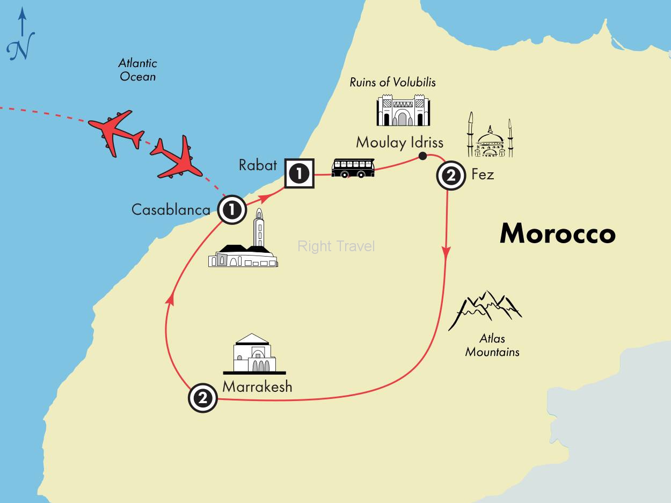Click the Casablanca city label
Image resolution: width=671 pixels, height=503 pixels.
[x=171, y=209]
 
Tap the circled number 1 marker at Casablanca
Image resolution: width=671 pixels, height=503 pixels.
[x=232, y=209]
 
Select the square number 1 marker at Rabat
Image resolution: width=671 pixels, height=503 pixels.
[x=299, y=174]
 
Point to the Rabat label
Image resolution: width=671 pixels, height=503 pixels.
[x=258, y=165]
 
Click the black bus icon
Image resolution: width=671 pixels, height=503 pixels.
[x=353, y=167]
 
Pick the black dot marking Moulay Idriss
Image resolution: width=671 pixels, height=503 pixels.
[x=422, y=156]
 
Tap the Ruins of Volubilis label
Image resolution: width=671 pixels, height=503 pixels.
[x=392, y=82]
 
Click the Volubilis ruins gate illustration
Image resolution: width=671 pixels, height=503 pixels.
[x=403, y=110]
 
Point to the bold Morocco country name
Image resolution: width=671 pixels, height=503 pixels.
[x=557, y=234]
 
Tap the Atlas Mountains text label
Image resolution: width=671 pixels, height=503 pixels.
[x=492, y=346]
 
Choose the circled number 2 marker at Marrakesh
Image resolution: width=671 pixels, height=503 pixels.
[x=203, y=398]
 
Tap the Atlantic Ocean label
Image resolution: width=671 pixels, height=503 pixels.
[x=138, y=70]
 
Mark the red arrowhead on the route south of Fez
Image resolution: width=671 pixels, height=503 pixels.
[x=446, y=252]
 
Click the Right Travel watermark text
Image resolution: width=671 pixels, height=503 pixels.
[x=336, y=246]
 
